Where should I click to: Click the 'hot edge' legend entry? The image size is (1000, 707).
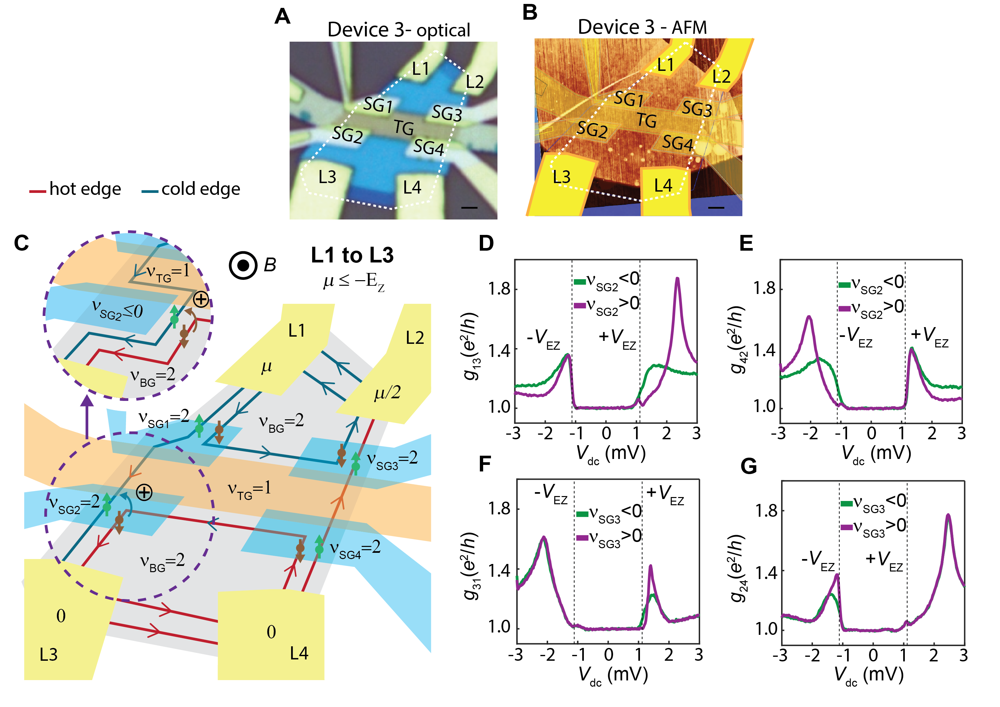tap(75, 189)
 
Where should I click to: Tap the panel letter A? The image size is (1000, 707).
tap(282, 17)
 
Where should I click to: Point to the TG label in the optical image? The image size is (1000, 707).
tap(404, 128)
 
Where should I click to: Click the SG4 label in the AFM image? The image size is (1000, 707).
tap(677, 142)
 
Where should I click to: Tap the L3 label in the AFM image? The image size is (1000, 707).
tap(562, 177)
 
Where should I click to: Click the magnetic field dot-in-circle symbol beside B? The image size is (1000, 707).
tap(243, 265)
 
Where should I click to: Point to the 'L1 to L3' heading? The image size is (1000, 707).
tap(352, 255)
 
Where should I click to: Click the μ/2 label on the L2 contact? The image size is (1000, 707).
tap(387, 393)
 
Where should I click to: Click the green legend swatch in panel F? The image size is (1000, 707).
tap(582, 514)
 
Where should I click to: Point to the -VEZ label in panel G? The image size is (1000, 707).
tap(818, 561)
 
